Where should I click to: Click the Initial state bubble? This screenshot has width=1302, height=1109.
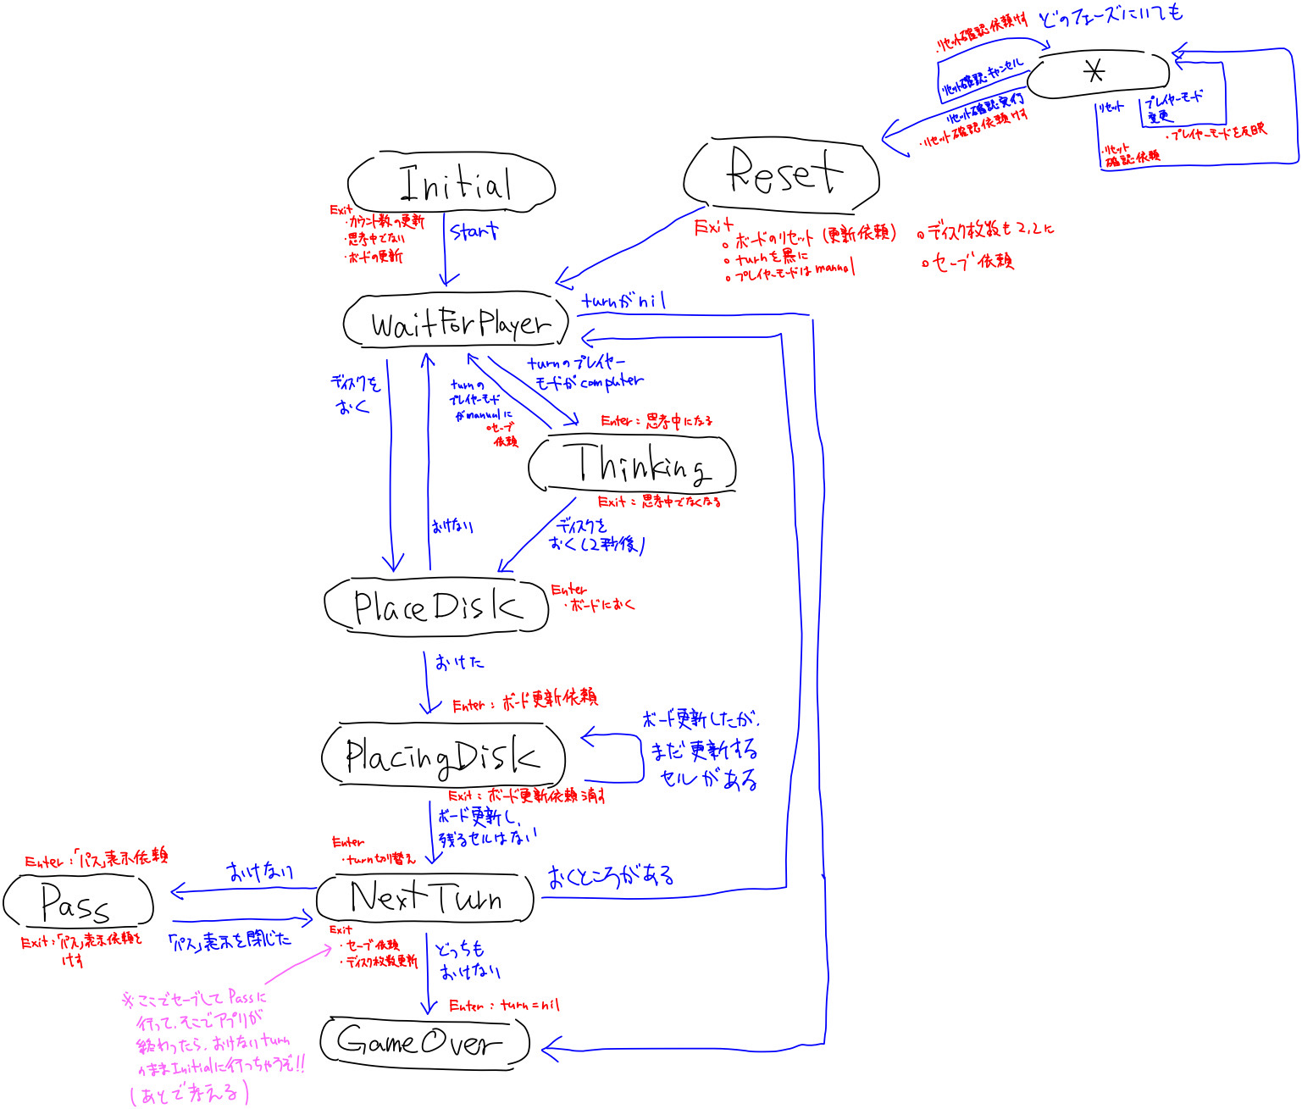[452, 182]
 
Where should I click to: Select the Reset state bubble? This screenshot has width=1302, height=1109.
[781, 174]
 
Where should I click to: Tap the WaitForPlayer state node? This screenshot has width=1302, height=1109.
[457, 322]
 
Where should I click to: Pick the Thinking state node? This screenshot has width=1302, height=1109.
[632, 463]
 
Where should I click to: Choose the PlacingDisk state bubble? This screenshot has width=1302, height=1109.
[442, 756]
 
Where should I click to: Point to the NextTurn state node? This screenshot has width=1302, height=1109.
[425, 897]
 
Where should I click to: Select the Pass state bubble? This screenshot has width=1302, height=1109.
[78, 901]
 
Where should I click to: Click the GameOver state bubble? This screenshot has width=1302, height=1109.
[424, 1041]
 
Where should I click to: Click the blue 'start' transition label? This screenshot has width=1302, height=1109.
[474, 230]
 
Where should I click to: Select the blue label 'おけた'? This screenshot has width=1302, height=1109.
[460, 662]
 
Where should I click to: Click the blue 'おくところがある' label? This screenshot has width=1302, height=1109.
[611, 876]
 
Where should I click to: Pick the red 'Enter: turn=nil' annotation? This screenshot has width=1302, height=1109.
[504, 1006]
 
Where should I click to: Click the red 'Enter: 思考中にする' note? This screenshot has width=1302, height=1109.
[657, 421]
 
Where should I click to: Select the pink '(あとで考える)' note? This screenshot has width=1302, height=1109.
[190, 1093]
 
